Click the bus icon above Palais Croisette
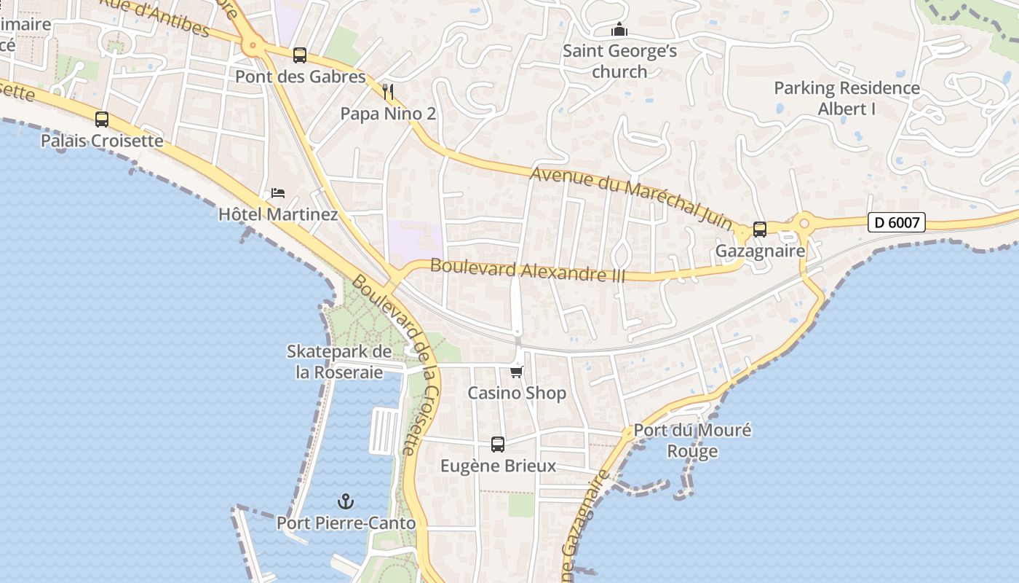[102, 120]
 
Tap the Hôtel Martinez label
[278, 214]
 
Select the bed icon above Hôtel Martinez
[278, 193]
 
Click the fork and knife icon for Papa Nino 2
[388, 92]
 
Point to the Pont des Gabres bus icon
[300, 55]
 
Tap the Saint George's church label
[619, 61]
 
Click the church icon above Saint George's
[619, 30]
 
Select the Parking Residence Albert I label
[846, 98]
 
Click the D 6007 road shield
[896, 222]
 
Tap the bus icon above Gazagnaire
[760, 230]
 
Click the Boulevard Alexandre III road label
[528, 270]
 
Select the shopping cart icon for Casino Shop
[517, 372]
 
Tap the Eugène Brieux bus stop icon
[498, 445]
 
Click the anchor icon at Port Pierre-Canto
[346, 501]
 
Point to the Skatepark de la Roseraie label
[339, 361]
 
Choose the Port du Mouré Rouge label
[692, 440]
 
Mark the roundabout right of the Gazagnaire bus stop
[804, 224]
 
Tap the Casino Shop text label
[517, 394]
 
